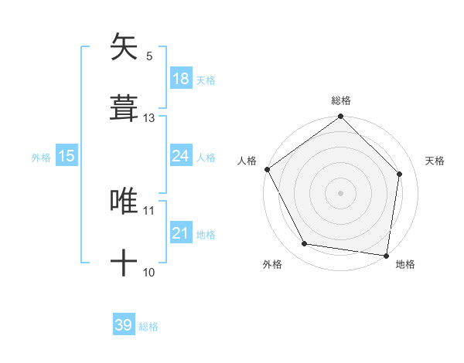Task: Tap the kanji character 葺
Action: click(x=124, y=107)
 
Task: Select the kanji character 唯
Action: click(x=124, y=201)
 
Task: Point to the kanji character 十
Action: click(x=124, y=263)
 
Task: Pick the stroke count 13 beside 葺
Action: click(x=149, y=117)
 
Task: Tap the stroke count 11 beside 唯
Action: click(x=149, y=210)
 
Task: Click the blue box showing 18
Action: click(x=180, y=79)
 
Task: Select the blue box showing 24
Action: click(x=180, y=156)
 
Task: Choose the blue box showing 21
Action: click(x=180, y=233)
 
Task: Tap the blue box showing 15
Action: click(x=67, y=156)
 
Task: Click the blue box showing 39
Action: click(x=124, y=325)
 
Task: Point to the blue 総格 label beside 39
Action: click(x=148, y=327)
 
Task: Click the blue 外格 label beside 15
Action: click(x=41, y=158)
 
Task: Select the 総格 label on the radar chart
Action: click(x=340, y=100)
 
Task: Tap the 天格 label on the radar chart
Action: click(x=435, y=161)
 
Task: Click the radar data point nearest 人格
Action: click(x=268, y=169)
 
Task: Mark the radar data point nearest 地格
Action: click(x=386, y=255)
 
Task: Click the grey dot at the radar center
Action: click(x=340, y=192)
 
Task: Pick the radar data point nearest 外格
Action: click(x=305, y=244)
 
